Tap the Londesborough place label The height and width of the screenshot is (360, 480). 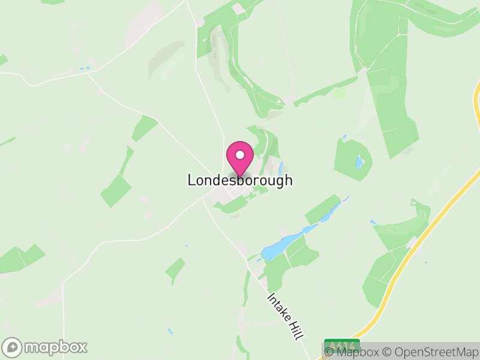click(240, 180)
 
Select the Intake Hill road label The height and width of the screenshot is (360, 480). click(284, 316)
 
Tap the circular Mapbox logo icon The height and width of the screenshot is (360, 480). click(13, 347)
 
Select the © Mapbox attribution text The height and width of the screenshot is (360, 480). click(353, 352)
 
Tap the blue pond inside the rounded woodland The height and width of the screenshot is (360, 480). click(359, 162)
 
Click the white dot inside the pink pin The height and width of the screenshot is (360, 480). click(240, 155)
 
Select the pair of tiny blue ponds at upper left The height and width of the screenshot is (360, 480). click(85, 69)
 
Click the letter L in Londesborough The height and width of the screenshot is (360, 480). click(192, 180)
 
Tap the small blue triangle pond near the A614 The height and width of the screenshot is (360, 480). click(373, 223)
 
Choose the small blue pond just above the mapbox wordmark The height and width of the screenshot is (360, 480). click(170, 331)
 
